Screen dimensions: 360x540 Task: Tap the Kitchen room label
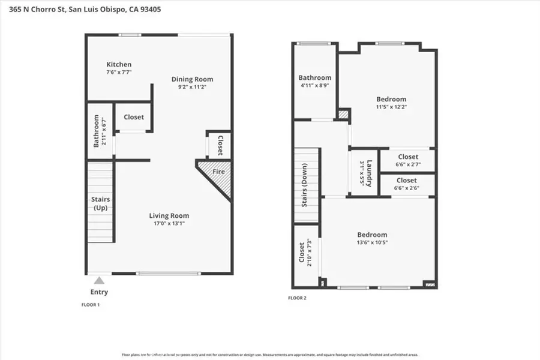point(119,64)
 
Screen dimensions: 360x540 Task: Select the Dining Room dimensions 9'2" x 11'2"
point(192,87)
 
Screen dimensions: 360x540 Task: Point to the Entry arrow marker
point(99,280)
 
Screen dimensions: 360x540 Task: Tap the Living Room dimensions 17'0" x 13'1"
point(169,224)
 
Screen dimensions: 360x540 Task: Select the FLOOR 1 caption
point(91,305)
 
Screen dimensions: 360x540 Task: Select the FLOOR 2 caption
point(298,298)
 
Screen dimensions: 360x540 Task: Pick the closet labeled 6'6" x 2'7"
point(407,160)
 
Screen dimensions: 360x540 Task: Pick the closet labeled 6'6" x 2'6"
point(406,184)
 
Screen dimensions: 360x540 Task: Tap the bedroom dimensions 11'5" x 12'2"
point(391,107)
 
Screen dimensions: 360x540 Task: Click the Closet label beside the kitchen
point(133,117)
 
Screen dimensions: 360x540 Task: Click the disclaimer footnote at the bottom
point(270,355)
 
